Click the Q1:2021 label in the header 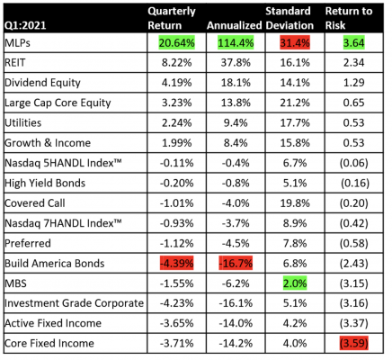point(25,25)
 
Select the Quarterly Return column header point(172,18)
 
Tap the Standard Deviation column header point(290,18)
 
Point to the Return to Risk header point(349,18)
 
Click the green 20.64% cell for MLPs point(177,43)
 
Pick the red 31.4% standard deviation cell point(295,43)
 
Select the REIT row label point(15,63)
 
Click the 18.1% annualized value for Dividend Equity point(236,83)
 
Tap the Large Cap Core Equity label point(58,103)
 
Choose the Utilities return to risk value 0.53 point(354,123)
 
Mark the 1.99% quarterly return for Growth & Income point(177,143)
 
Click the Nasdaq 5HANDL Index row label point(63,163)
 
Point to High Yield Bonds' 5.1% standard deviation point(295,183)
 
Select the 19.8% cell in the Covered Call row point(295,203)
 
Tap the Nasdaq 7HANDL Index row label point(63,223)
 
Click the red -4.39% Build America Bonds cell point(177,264)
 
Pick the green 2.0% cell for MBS point(295,283)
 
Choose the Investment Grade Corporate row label point(74,303)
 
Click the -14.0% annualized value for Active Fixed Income point(236,323)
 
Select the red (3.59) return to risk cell point(354,343)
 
